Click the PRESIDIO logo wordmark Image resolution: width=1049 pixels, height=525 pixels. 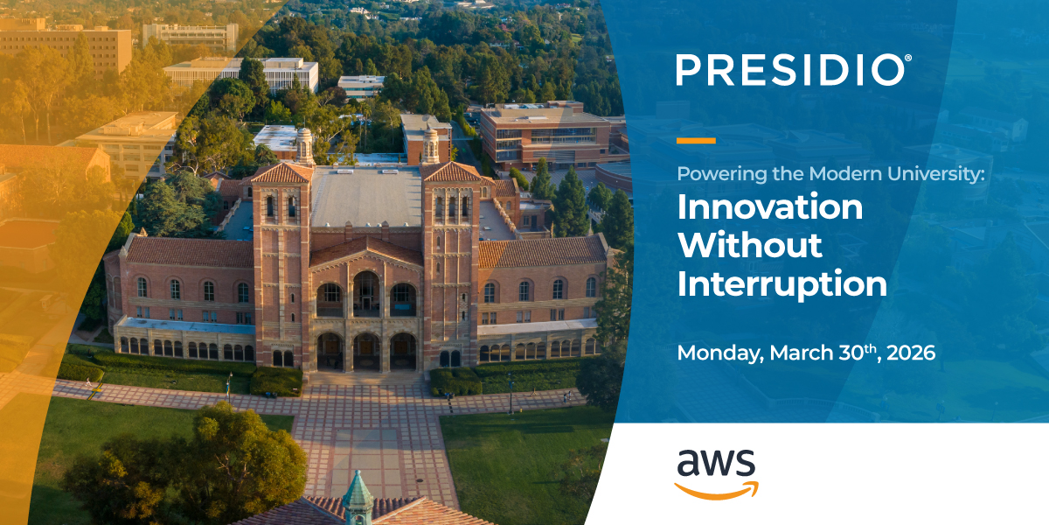790,70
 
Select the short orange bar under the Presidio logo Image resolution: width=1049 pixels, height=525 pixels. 696,140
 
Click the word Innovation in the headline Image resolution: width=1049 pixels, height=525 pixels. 770,208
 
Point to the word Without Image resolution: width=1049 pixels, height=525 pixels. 750,246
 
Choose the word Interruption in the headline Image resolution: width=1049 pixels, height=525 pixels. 782,283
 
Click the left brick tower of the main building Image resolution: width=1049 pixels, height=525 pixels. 281,254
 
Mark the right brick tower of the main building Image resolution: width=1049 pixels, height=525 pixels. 451,254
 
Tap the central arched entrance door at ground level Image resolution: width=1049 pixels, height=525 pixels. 366,352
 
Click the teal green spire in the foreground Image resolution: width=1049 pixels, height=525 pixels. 358,494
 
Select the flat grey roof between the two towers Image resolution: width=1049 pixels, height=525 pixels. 367,197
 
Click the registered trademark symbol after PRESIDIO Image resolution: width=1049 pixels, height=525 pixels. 908,58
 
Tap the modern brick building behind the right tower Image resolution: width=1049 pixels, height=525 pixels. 542,136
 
